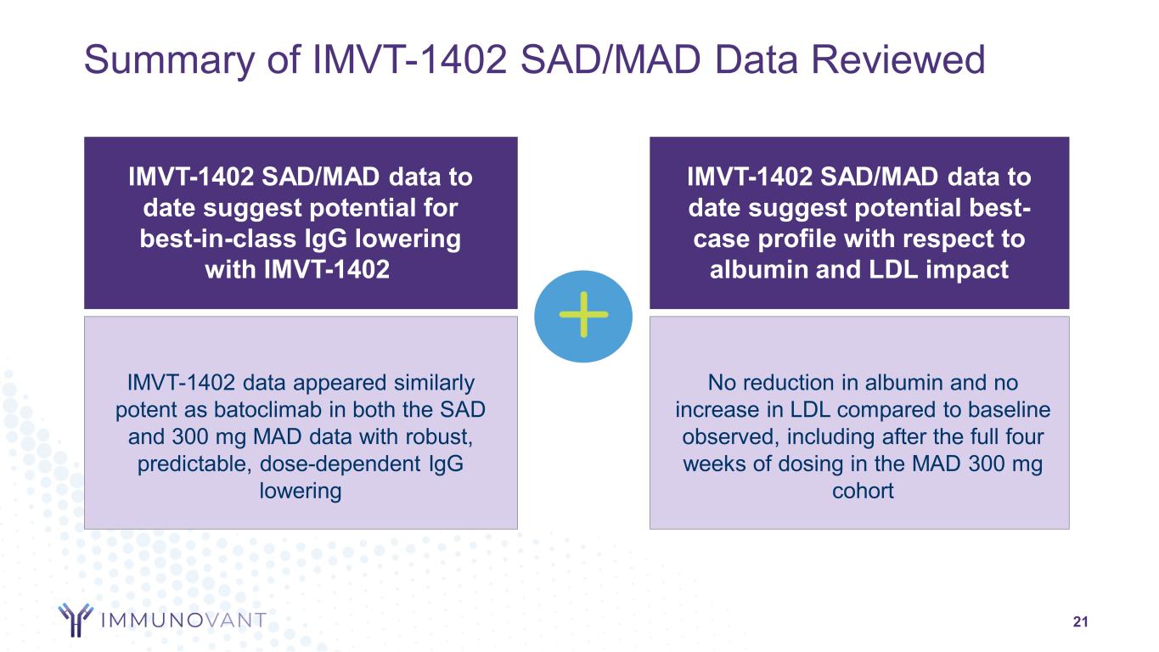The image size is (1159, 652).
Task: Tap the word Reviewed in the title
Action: pyautogui.click(x=898, y=59)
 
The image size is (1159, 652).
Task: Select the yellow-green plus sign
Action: pyautogui.click(x=583, y=315)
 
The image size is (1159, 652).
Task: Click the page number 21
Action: pyautogui.click(x=1080, y=621)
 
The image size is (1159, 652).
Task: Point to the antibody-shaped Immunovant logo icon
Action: pyautogui.click(x=76, y=619)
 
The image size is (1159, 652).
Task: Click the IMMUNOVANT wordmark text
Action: pyautogui.click(x=183, y=620)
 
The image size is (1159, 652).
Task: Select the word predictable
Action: pyautogui.click(x=194, y=464)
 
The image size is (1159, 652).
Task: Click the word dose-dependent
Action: pyautogui.click(x=340, y=464)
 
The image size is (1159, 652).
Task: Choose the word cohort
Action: pyautogui.click(x=863, y=491)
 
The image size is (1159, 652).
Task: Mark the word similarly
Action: pyautogui.click(x=434, y=384)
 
